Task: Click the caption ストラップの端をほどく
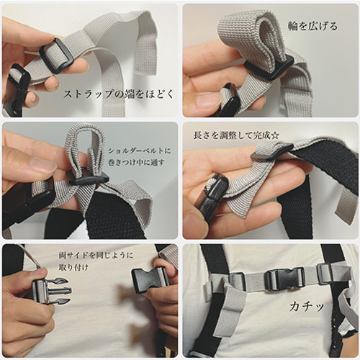coord(118,94)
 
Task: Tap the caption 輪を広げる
coord(312,26)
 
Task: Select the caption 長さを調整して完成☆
coord(236,135)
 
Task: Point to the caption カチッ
coord(307,307)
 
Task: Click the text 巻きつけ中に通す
coord(136,163)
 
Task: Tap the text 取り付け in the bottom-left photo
coord(73,267)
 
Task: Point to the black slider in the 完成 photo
coord(272,151)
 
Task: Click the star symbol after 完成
coord(275,135)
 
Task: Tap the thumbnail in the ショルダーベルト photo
coord(41,163)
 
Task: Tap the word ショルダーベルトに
coord(139,151)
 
